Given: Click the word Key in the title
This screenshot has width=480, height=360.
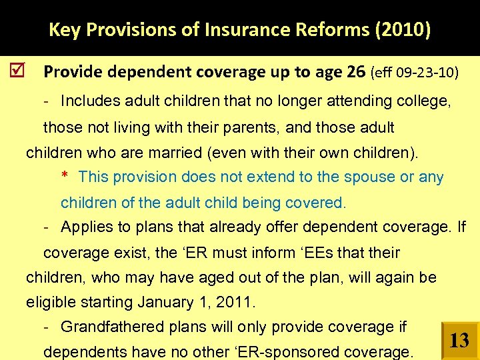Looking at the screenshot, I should [x=63, y=30].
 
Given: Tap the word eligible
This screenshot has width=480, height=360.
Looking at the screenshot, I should [x=51, y=303].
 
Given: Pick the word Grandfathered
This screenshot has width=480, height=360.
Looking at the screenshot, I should [x=107, y=327].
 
